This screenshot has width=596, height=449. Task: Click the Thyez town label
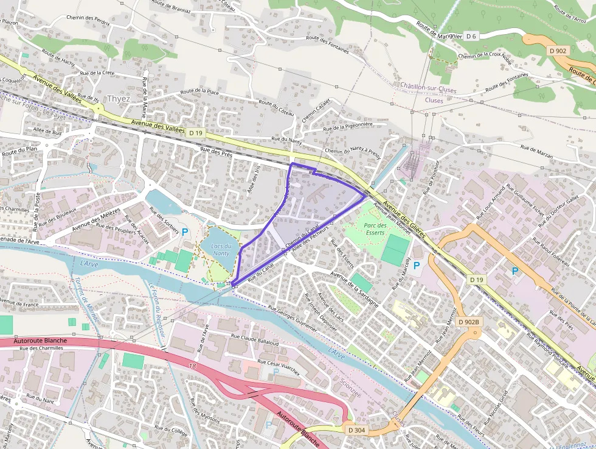[x=118, y=99]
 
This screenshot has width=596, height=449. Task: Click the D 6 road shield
[x=471, y=36]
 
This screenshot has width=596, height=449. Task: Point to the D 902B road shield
[x=469, y=322]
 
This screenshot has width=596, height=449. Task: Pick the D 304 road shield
[x=357, y=430]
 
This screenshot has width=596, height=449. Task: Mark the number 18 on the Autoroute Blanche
[x=193, y=366]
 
